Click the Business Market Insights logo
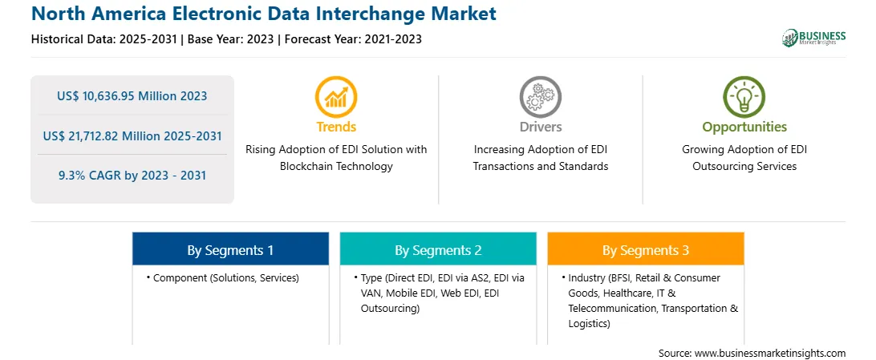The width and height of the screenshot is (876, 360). pos(813,38)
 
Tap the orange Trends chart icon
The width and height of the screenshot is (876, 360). pos(336,97)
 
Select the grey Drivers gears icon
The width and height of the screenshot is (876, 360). pos(540,97)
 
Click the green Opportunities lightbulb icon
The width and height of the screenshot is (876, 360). pos(744,97)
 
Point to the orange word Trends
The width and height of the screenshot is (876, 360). pos(336,127)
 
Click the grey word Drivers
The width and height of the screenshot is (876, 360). pos(540,127)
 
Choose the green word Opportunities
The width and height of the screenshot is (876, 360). pos(744,127)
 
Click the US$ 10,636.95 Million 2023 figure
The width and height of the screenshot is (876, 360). pos(132,96)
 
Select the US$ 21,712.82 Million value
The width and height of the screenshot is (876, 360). pos(104,136)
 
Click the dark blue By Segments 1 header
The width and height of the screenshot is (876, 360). pos(230,249)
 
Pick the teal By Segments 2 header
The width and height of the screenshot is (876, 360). pos(438,249)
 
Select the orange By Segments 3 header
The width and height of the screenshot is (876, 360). pos(645,249)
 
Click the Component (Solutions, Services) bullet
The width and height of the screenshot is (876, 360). pos(223,278)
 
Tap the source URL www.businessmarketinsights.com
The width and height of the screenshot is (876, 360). pos(770,354)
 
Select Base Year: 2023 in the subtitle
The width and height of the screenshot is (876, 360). pos(231,39)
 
